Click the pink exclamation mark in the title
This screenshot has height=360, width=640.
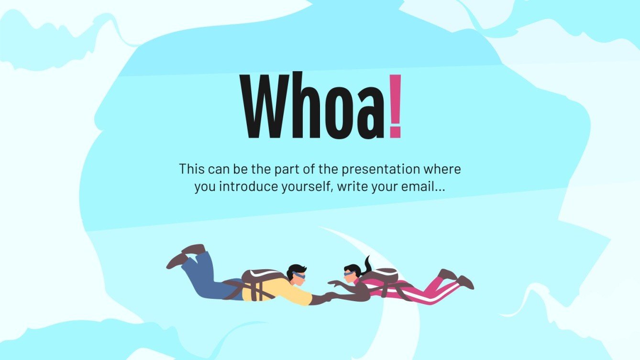(395, 106)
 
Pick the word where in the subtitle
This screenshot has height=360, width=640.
(444, 169)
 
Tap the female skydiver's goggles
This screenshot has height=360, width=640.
(349, 274)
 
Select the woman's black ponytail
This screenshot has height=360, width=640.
(367, 266)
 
